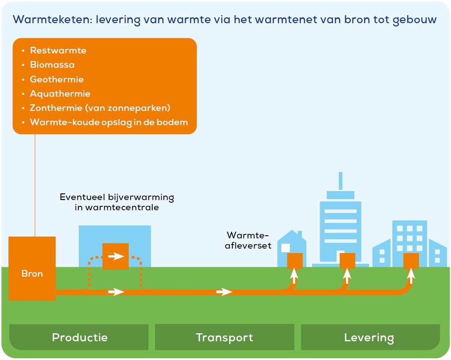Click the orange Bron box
(32, 268)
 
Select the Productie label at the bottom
(80, 337)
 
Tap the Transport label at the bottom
(224, 338)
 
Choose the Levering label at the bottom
(369, 338)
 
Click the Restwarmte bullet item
(58, 50)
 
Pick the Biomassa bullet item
(52, 65)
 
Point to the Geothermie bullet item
(57, 79)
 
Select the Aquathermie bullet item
(60, 94)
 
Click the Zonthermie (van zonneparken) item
(100, 108)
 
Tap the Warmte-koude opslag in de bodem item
(109, 122)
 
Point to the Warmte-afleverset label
(248, 240)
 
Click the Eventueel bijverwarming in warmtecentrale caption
(117, 202)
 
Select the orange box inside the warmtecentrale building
(115, 256)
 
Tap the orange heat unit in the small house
(295, 260)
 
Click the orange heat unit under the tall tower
(347, 260)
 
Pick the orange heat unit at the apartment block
(411, 260)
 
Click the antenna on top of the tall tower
(341, 181)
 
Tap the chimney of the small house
(300, 234)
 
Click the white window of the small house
(285, 248)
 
